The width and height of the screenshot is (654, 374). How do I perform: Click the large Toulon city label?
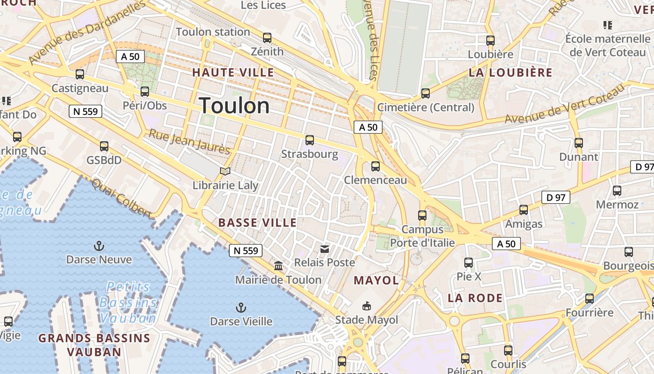point(235,106)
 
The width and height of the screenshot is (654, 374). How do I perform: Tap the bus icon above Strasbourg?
point(309,140)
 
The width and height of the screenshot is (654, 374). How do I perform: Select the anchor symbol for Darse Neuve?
point(99,246)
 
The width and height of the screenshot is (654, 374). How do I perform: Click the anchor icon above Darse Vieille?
point(241,308)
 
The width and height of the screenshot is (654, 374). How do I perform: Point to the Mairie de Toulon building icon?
point(278,266)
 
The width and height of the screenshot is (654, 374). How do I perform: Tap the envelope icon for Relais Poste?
point(324,249)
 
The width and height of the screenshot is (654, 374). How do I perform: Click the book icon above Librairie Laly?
point(225,172)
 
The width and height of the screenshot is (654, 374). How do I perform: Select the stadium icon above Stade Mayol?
point(367,306)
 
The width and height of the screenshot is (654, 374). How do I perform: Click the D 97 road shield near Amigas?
point(556,197)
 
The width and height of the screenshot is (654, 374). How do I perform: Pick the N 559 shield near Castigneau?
point(85,111)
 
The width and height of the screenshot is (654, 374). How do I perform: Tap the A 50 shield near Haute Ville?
point(130,57)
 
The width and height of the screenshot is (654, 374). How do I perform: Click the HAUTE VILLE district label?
point(233,72)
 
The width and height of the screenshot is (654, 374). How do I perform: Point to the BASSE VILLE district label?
point(257,223)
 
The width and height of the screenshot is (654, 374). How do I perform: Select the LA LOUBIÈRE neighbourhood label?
point(510,72)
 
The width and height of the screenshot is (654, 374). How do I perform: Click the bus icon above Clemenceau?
point(375,166)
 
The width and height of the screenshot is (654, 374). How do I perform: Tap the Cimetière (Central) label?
point(426,108)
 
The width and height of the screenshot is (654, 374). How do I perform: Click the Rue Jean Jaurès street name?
point(189,142)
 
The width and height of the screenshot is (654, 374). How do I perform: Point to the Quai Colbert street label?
point(122,199)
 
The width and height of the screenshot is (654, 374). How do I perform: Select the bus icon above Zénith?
point(267,38)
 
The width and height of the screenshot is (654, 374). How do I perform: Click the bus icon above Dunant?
point(579,143)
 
